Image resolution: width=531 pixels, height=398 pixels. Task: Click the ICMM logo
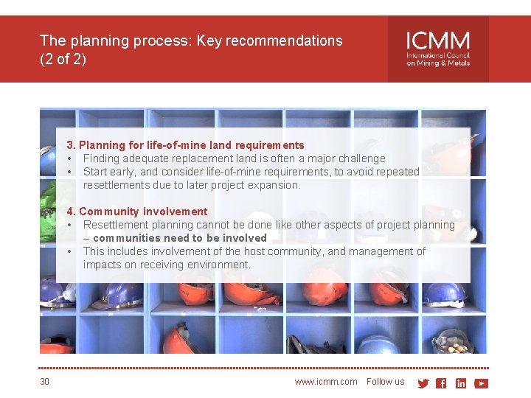(437, 49)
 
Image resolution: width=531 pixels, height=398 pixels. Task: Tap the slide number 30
(45, 382)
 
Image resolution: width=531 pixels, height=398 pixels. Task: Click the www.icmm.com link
(325, 382)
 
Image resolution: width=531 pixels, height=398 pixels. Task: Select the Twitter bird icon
(423, 383)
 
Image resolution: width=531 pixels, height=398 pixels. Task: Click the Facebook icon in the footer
(441, 383)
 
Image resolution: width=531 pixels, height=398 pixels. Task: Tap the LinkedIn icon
(461, 383)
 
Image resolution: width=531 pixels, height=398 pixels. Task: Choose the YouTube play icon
(482, 383)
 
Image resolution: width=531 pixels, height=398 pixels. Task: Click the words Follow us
(385, 382)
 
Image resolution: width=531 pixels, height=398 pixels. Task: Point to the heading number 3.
(71, 145)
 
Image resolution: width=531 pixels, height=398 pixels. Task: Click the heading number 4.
(71, 212)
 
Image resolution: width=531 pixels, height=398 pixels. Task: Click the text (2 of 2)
(63, 59)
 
